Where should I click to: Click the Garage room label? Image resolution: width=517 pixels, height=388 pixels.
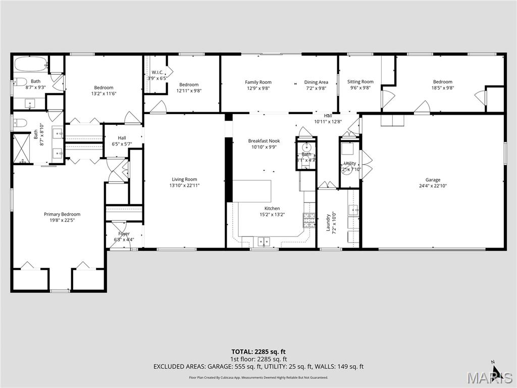tap(433, 180)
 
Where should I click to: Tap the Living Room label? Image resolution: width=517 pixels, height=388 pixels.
tap(184, 179)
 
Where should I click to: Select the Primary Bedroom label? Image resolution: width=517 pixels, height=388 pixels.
tap(62, 214)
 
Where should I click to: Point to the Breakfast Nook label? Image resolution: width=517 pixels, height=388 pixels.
tap(264, 141)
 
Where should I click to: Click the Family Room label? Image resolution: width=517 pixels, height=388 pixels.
tap(258, 82)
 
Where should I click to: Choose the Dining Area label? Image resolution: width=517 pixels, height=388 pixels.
tap(316, 82)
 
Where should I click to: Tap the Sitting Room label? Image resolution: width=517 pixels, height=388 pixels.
tap(360, 82)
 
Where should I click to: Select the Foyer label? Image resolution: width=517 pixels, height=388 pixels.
tap(124, 234)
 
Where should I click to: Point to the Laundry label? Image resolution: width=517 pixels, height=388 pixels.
tap(328, 222)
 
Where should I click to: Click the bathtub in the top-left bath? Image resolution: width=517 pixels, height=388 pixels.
tap(30, 64)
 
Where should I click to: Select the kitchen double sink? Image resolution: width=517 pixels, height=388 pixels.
tap(264, 241)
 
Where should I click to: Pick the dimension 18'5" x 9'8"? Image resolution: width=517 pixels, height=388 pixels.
tap(442, 88)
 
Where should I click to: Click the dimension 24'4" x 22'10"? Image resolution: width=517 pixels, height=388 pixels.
tap(433, 186)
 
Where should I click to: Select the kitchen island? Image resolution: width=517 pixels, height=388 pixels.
tap(251, 190)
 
